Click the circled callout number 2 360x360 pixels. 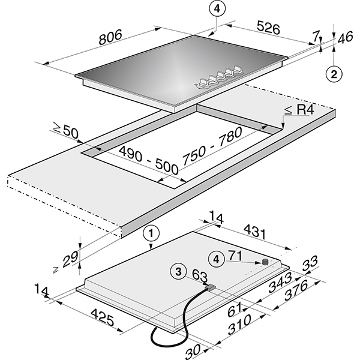click(334, 74)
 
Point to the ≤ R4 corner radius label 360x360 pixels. click(298, 110)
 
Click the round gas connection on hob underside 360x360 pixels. click(264, 262)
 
